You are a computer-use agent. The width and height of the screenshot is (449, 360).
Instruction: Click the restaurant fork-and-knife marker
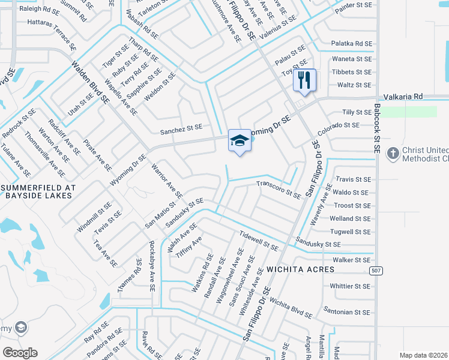[304, 80]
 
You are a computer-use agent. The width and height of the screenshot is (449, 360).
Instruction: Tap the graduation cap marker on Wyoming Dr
[240, 141]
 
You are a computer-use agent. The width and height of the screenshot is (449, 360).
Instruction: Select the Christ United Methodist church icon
[393, 153]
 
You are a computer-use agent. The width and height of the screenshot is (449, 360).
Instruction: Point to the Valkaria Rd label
[403, 96]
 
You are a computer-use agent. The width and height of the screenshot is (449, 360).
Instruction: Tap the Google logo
[20, 353]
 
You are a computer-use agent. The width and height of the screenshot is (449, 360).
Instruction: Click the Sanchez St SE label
[181, 128]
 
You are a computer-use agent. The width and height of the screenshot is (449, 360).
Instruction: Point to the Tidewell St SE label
[258, 241]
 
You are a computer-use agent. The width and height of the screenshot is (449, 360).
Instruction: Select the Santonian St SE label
[347, 313]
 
